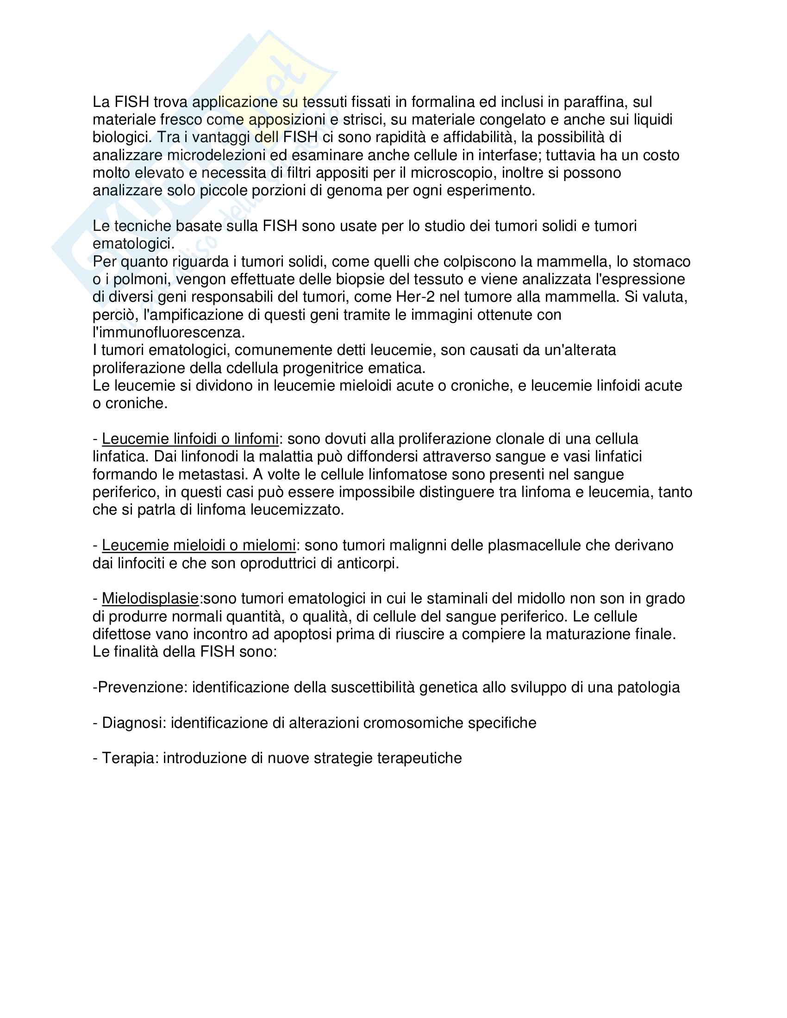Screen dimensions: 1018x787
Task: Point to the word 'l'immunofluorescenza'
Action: [169, 333]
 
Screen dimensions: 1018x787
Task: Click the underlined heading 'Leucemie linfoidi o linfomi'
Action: [190, 439]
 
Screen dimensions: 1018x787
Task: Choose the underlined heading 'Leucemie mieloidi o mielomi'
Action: [199, 546]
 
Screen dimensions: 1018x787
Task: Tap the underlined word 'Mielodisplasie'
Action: [150, 599]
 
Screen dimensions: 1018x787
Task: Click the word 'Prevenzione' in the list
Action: [142, 688]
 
